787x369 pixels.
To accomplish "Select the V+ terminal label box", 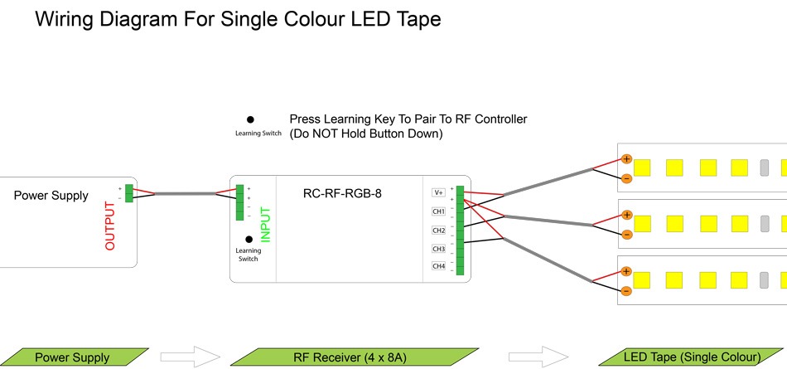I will pyautogui.click(x=439, y=192).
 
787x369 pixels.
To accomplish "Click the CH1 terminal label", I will pyautogui.click(x=439, y=211).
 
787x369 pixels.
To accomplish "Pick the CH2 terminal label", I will pyautogui.click(x=439, y=230).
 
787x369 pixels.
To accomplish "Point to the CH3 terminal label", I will pyautogui.click(x=439, y=248).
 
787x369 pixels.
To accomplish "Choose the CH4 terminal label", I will pyautogui.click(x=439, y=266).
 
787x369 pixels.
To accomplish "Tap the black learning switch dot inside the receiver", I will pyautogui.click(x=249, y=239).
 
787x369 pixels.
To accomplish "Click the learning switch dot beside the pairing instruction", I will pyautogui.click(x=249, y=119).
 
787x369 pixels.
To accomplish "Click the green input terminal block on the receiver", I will pyautogui.click(x=239, y=202).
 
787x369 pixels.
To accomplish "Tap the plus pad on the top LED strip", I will pyautogui.click(x=626, y=158).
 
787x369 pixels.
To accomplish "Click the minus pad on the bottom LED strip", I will pyautogui.click(x=626, y=291).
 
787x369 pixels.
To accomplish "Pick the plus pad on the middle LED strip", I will pyautogui.click(x=626, y=215).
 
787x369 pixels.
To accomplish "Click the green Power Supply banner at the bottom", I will pyautogui.click(x=72, y=357).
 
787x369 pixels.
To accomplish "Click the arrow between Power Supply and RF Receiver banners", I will pyautogui.click(x=190, y=357).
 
